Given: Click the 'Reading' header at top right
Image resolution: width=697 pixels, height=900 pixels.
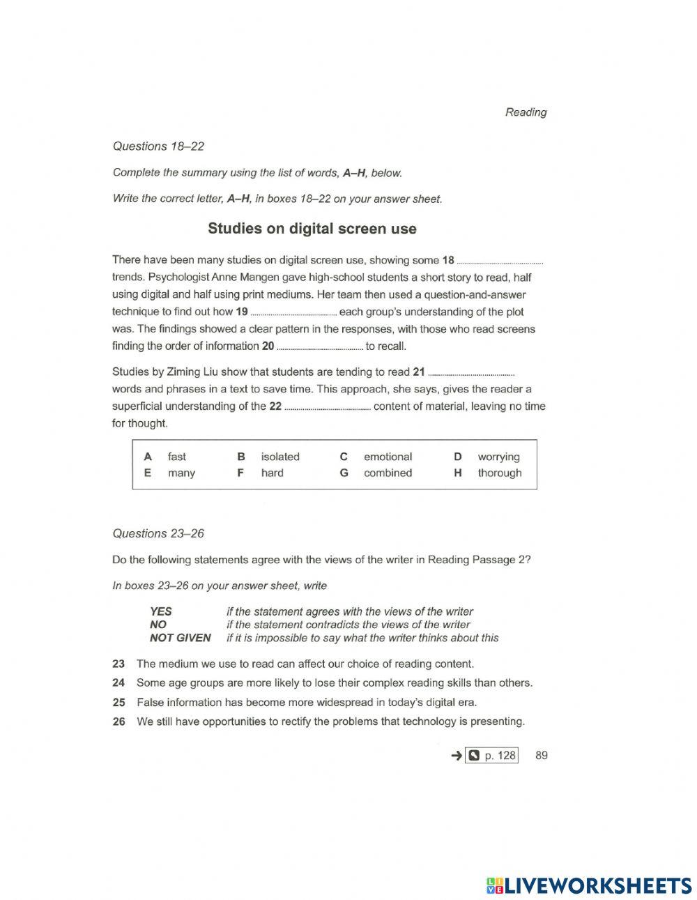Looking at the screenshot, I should pyautogui.click(x=526, y=112).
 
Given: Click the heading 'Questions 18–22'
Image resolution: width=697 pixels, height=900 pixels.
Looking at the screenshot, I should pyautogui.click(x=158, y=146).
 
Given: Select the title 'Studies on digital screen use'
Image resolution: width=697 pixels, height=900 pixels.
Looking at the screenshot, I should pyautogui.click(x=312, y=229).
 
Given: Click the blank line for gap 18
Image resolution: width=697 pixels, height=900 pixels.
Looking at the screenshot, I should pyautogui.click(x=500, y=262).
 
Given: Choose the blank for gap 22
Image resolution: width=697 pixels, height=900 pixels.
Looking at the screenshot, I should pyautogui.click(x=327, y=408).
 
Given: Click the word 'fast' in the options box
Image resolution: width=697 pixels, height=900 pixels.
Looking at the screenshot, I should pyautogui.click(x=177, y=457).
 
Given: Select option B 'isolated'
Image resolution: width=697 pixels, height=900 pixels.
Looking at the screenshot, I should pyautogui.click(x=279, y=457).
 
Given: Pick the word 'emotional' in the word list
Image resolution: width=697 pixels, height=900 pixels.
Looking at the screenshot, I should pyautogui.click(x=388, y=457).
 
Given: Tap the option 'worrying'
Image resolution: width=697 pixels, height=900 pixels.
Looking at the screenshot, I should pyautogui.click(x=498, y=457).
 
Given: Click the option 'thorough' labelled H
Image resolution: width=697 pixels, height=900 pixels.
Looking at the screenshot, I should pyautogui.click(x=499, y=473).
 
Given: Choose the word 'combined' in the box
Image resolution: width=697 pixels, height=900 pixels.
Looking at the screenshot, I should pyautogui.click(x=388, y=473).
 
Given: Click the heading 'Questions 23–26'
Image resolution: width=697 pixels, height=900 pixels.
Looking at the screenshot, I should pyautogui.click(x=158, y=533).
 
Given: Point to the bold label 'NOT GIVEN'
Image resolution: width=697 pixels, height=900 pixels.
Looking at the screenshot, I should pyautogui.click(x=180, y=637).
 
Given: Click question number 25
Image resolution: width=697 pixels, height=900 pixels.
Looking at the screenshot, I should pyautogui.click(x=118, y=702).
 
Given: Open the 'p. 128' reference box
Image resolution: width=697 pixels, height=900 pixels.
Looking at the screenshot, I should pyautogui.click(x=492, y=755).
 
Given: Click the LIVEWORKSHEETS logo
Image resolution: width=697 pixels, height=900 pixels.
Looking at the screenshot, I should pyautogui.click(x=589, y=885).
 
